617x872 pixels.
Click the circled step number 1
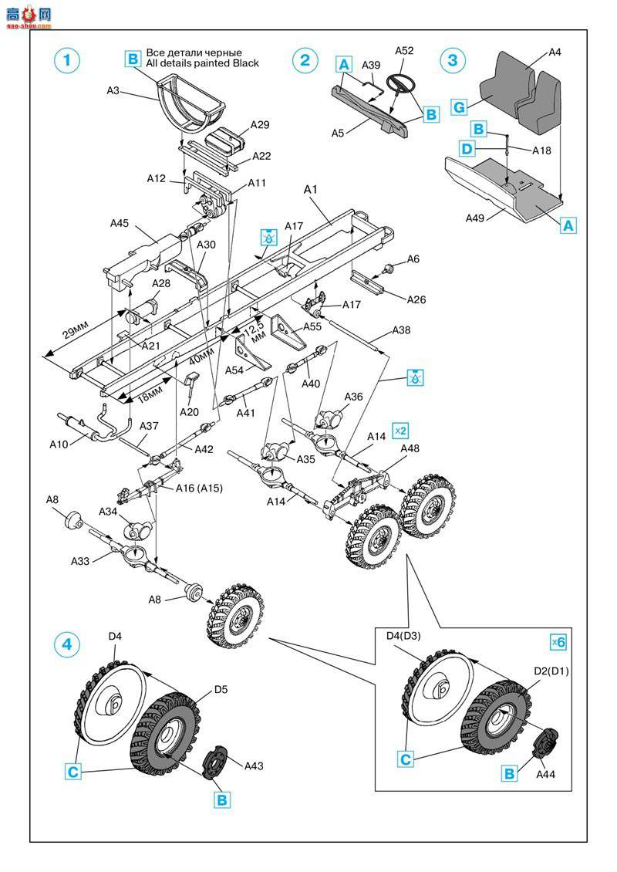(x=68, y=61)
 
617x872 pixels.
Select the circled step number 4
(x=68, y=644)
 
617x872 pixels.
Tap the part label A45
(x=120, y=223)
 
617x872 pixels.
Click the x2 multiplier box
(x=400, y=429)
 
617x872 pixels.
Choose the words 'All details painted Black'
(x=202, y=63)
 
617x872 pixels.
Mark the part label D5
(x=221, y=689)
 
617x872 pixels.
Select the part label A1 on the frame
(x=311, y=189)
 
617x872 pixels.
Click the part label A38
(x=402, y=330)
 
